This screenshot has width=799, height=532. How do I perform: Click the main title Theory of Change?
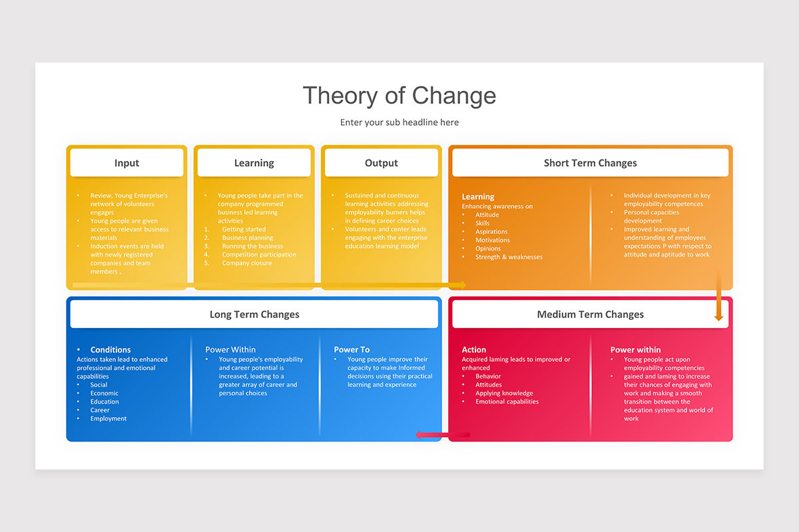(x=399, y=96)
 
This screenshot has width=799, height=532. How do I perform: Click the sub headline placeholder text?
(x=399, y=122)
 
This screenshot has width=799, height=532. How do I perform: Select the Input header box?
(x=127, y=163)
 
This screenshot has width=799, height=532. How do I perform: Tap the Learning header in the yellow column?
(x=254, y=163)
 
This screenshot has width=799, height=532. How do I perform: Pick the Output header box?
(x=381, y=163)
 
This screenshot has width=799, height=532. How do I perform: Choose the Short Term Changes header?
(x=590, y=163)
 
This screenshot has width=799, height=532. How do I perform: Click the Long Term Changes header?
(x=254, y=315)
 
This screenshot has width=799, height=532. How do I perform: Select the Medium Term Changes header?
(x=590, y=315)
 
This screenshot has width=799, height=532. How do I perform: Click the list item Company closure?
(x=246, y=263)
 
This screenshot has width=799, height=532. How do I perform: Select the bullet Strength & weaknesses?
(x=509, y=257)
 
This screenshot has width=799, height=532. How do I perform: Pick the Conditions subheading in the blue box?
(x=111, y=350)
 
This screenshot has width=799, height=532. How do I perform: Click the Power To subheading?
(x=352, y=350)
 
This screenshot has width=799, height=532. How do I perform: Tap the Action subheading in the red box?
(x=473, y=350)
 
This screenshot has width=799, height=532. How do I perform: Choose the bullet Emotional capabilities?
(x=507, y=402)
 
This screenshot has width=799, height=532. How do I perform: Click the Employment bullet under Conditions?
(x=109, y=418)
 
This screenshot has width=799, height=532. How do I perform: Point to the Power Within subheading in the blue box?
(x=230, y=350)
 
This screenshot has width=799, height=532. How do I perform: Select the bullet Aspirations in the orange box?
(x=491, y=231)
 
